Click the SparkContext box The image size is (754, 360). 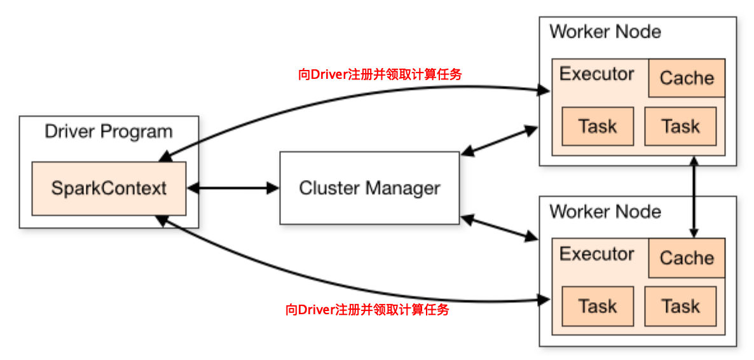[x=109, y=188]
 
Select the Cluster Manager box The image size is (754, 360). [x=369, y=188]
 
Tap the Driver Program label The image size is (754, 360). [x=108, y=132]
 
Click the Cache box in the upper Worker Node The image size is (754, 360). [x=687, y=78]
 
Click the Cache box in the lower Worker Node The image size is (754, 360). [x=687, y=258]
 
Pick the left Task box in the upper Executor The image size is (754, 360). [x=598, y=126]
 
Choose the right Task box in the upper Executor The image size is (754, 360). [x=680, y=126]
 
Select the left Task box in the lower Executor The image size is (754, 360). [x=598, y=306]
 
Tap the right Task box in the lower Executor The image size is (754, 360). [x=680, y=306]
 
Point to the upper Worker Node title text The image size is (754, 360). [x=605, y=32]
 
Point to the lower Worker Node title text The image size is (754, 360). [x=605, y=211]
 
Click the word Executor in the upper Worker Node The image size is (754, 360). [x=597, y=74]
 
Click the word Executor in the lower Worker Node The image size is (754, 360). [x=597, y=254]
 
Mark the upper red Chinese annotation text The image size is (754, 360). [x=380, y=74]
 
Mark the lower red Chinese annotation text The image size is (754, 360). [x=367, y=310]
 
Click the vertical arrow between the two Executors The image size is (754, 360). [x=694, y=197]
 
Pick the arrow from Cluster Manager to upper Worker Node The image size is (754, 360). [x=499, y=141]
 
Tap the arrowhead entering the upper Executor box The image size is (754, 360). [x=544, y=90]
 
